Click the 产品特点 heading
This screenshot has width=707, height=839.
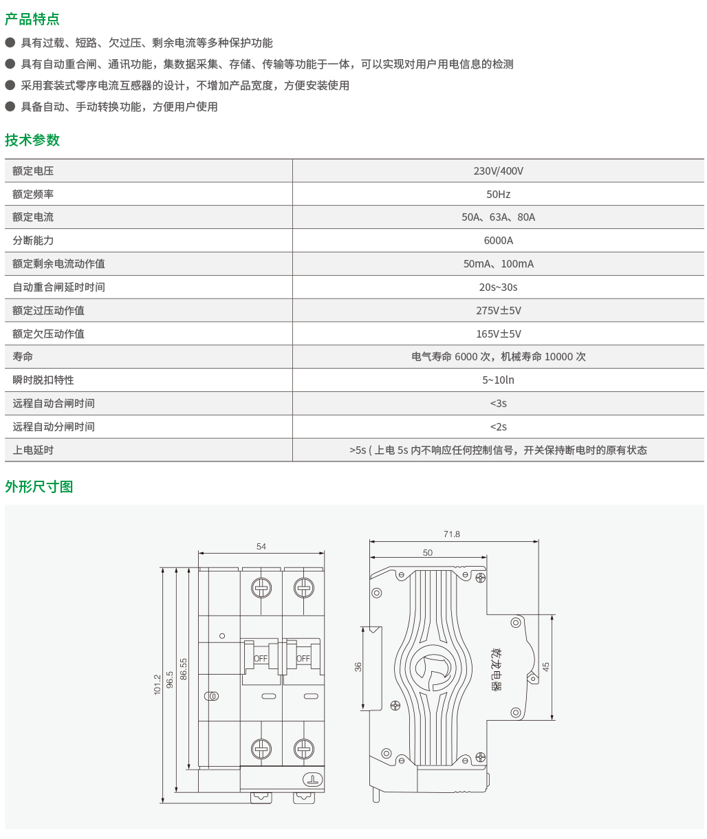click(32, 19)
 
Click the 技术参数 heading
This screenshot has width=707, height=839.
click(32, 140)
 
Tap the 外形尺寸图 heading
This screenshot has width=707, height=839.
click(39, 487)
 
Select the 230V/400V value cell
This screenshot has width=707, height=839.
click(498, 171)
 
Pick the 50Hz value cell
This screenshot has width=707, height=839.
click(498, 195)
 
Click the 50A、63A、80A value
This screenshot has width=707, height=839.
click(498, 217)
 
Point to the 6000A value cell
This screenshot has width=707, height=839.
click(498, 241)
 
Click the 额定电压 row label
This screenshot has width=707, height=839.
click(33, 171)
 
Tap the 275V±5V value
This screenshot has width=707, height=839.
click(498, 311)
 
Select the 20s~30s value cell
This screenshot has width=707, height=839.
click(498, 287)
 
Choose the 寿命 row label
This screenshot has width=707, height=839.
click(23, 357)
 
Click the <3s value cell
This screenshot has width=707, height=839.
click(498, 404)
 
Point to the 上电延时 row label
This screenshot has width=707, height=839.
click(33, 450)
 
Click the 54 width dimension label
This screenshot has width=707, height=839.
click(261, 547)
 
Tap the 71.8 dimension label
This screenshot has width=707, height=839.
click(452, 534)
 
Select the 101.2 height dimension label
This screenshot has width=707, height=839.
click(157, 684)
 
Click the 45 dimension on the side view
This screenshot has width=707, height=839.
click(546, 666)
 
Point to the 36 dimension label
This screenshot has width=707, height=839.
click(358, 666)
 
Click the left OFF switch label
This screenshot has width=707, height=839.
click(261, 659)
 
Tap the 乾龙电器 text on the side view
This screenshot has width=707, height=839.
click(497, 668)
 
